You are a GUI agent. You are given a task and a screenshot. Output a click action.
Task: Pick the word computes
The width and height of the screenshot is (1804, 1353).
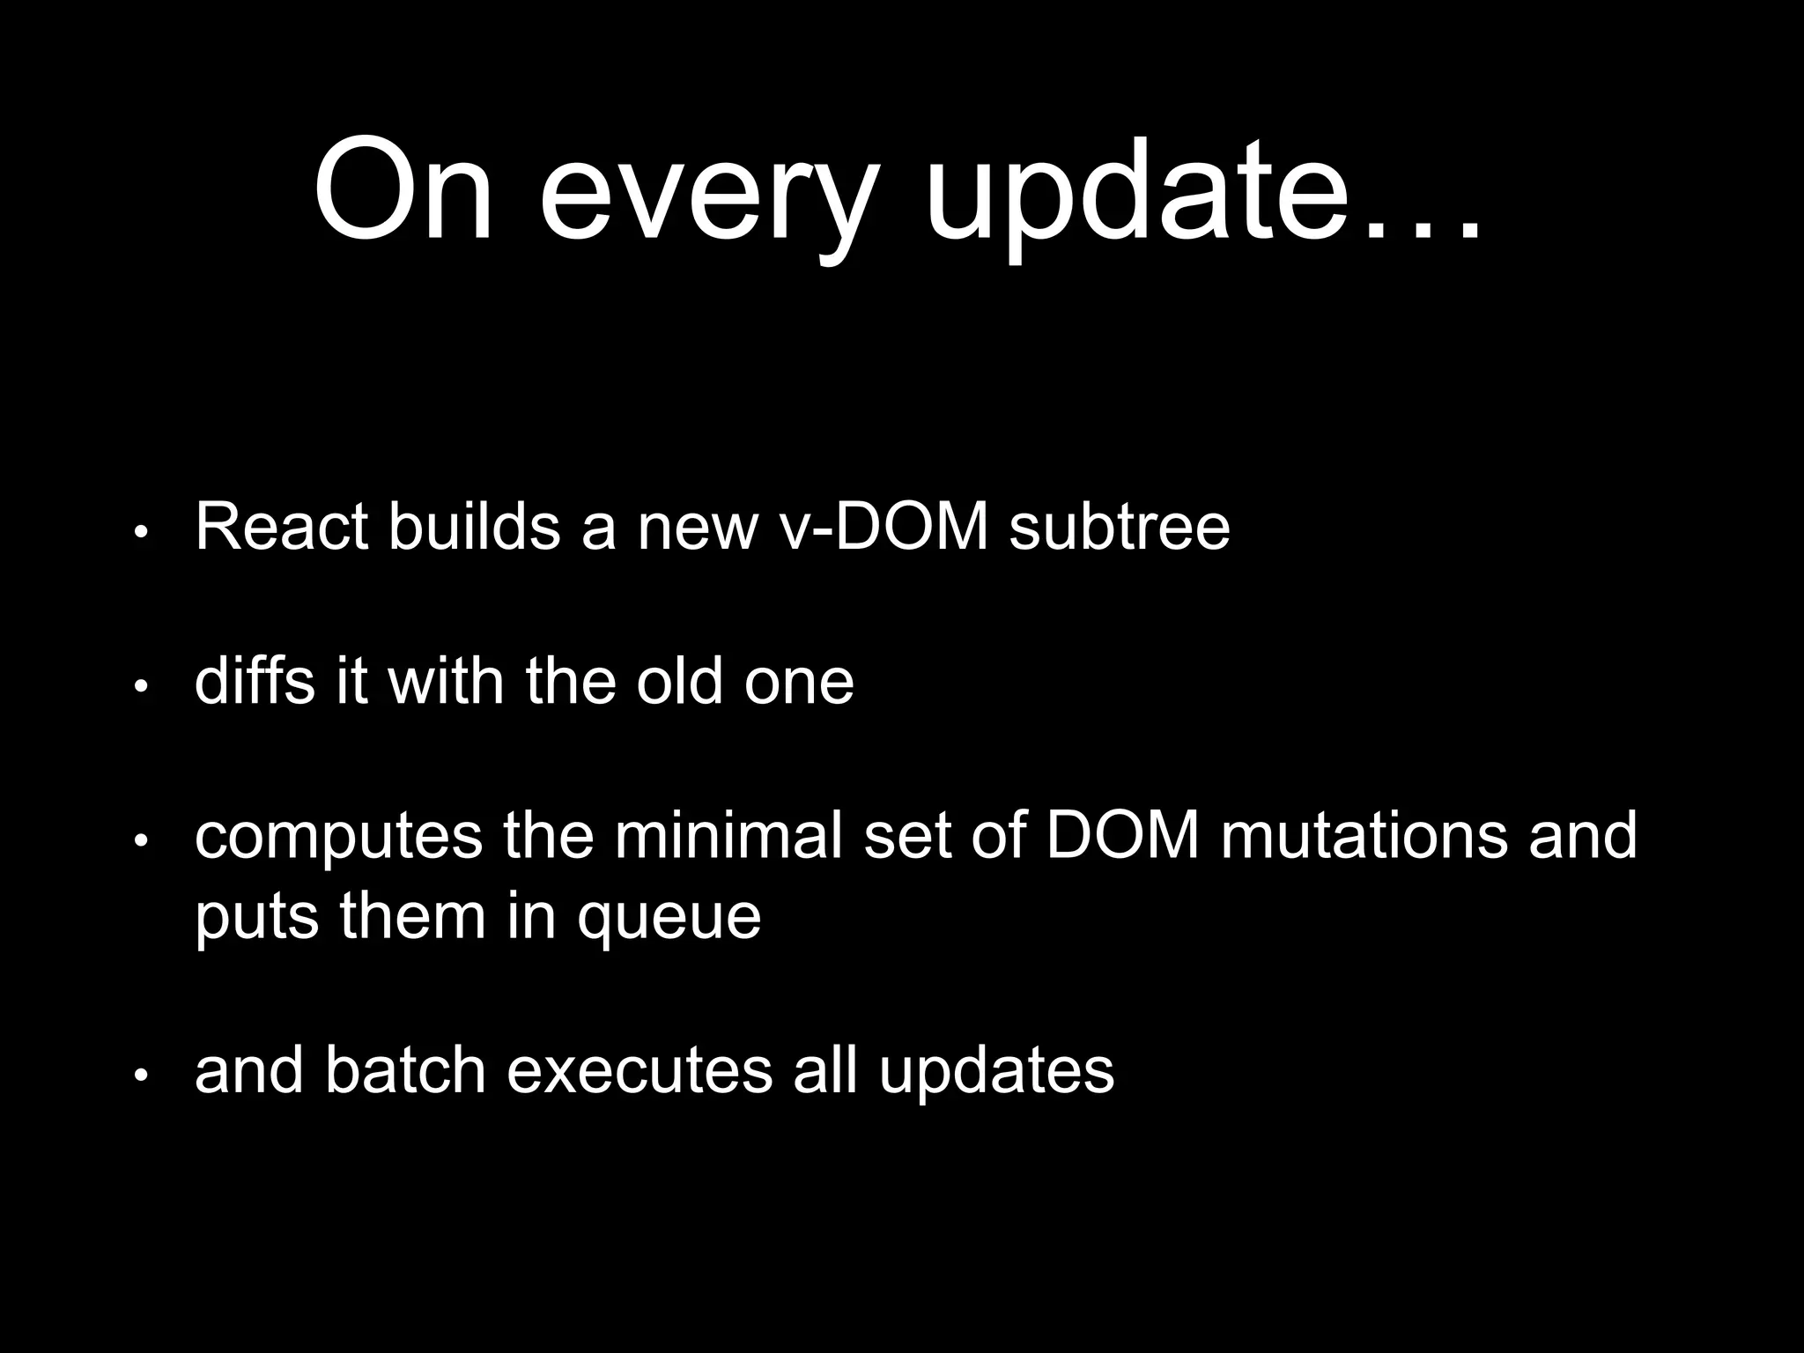click(338, 837)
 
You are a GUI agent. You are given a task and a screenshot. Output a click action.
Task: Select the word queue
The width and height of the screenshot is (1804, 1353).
click(669, 918)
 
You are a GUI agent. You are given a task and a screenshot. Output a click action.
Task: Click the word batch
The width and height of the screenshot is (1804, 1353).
click(405, 1071)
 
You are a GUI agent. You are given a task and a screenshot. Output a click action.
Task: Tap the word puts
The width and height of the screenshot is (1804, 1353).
click(255, 918)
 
